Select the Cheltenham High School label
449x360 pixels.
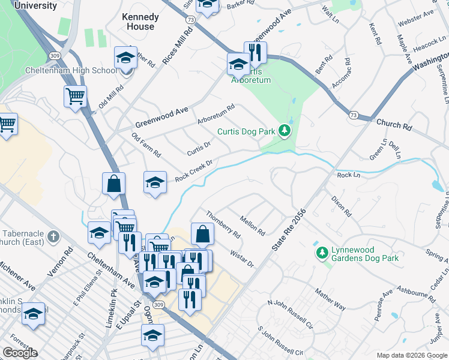[x=71, y=70]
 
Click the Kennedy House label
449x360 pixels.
[x=140, y=22]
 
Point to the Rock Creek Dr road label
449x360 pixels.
[x=194, y=170]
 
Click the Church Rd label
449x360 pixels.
[x=394, y=125]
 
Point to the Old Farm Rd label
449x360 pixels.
[x=146, y=146]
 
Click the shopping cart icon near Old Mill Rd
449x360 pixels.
[x=75, y=96]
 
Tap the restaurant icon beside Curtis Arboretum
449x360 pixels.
[x=255, y=53]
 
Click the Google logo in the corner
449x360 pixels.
[x=20, y=353]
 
